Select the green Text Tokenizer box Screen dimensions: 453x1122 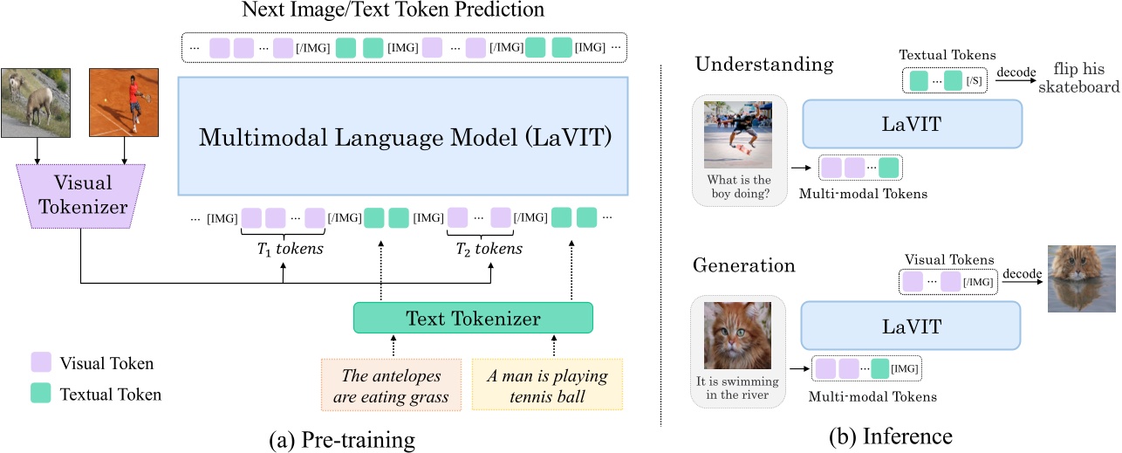(x=472, y=319)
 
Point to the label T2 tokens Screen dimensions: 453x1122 (x=489, y=250)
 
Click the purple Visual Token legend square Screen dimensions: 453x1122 (x=41, y=362)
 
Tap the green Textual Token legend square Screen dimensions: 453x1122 (x=41, y=394)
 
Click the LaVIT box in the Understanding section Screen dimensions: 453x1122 (x=911, y=123)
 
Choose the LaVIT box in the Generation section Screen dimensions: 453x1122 (x=911, y=327)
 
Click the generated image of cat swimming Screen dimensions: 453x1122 (x=1083, y=278)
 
